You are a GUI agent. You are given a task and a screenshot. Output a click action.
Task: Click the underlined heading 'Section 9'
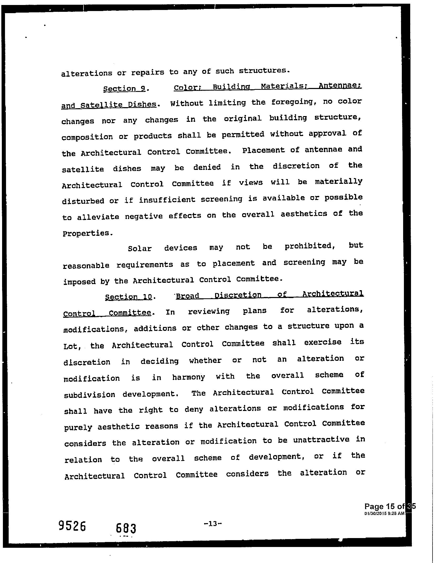coord(124,89)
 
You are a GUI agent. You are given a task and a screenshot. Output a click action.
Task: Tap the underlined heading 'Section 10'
coord(128,297)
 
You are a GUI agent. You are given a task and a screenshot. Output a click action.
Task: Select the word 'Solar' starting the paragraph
coord(140,248)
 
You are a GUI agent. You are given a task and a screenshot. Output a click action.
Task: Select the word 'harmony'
coord(188,377)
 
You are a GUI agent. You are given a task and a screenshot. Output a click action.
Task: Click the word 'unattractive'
coord(321,440)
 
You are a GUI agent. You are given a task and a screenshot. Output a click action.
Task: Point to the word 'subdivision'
coord(90,395)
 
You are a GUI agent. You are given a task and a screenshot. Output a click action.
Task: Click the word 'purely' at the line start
coord(78,428)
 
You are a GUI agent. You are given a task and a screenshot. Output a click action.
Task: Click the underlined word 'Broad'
coord(188,296)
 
